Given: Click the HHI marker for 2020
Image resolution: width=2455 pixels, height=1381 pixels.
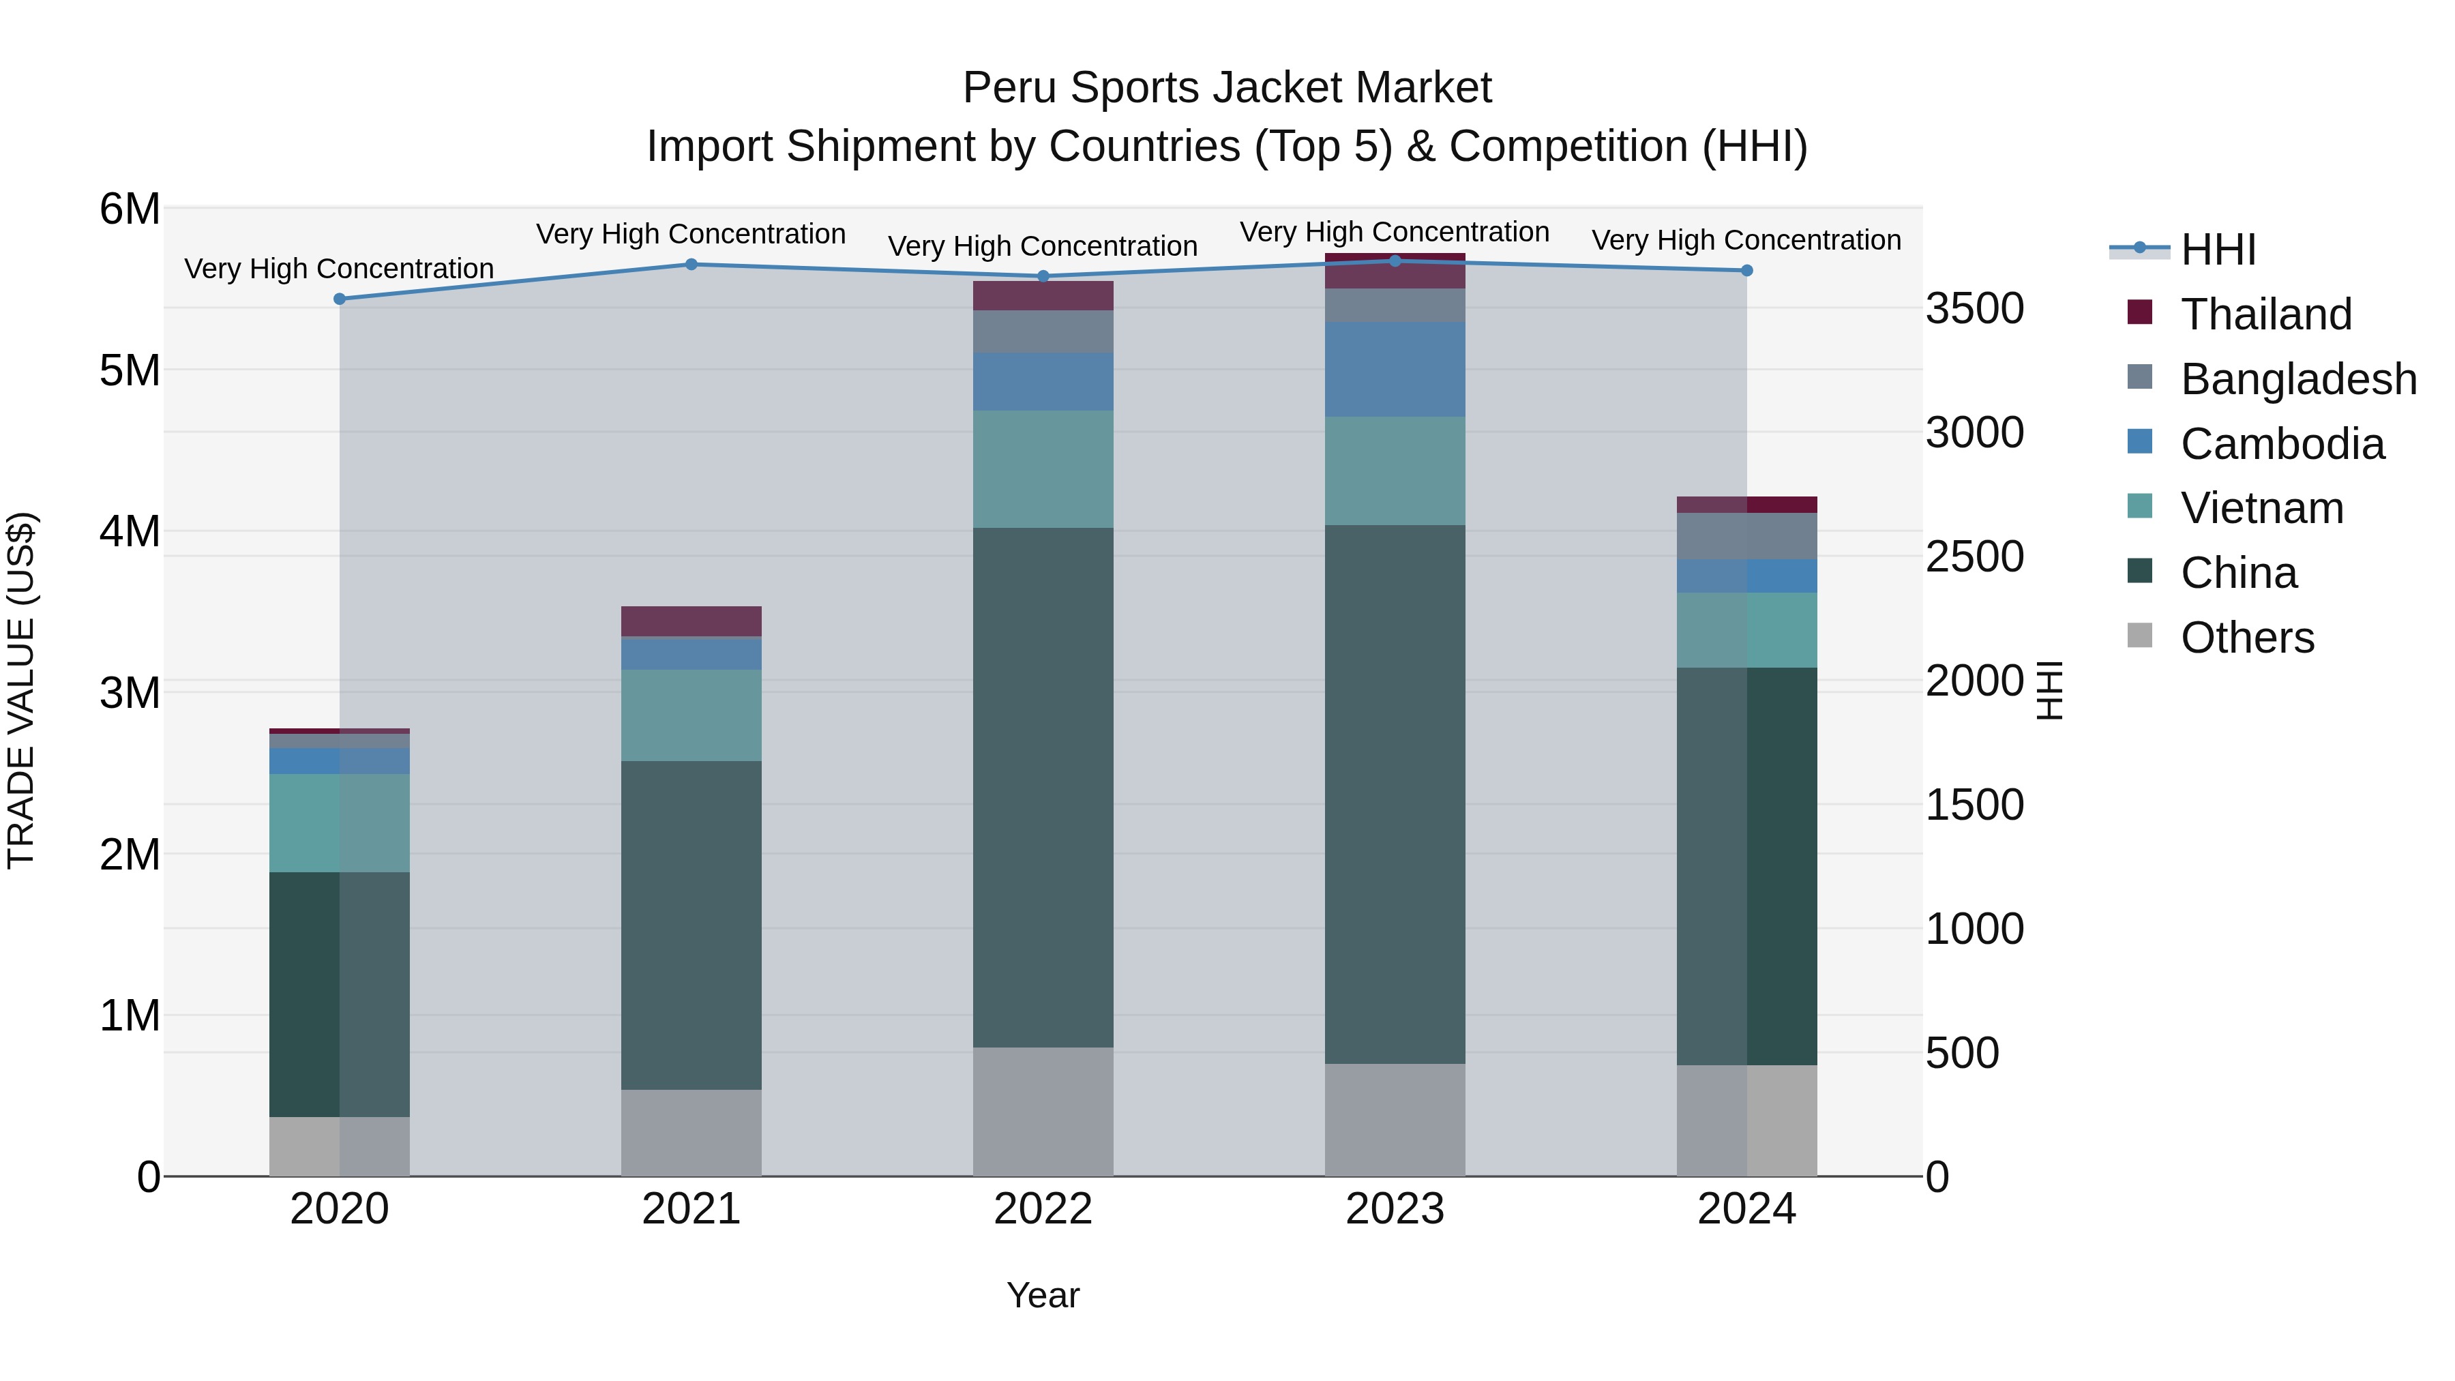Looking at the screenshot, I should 340,299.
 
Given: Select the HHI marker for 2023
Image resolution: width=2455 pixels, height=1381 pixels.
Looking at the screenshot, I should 1395,261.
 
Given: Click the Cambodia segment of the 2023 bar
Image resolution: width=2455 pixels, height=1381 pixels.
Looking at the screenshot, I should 1395,369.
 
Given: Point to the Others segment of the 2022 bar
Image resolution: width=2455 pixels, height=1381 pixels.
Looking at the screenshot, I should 1043,1112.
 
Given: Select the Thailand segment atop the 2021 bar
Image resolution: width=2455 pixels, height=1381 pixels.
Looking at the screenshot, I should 691,621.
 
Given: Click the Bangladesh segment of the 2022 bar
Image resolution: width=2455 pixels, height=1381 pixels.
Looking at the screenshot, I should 1043,331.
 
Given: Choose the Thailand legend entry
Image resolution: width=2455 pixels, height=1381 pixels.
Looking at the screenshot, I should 2265,314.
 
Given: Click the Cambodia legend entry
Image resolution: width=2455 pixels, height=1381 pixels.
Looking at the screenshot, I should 2282,444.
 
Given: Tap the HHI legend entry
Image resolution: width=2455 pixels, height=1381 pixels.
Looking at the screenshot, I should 2217,250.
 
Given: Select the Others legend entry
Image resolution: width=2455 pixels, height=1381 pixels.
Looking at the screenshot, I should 2246,638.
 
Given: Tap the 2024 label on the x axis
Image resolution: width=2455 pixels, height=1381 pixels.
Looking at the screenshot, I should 1746,1209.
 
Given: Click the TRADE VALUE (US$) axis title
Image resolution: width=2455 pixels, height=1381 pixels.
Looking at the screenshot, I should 21,690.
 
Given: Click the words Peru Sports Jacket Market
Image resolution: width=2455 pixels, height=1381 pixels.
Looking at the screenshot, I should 1227,88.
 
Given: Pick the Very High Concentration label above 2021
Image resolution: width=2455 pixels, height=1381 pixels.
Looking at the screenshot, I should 691,233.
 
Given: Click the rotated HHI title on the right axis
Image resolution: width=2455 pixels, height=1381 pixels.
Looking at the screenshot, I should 2049,690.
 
